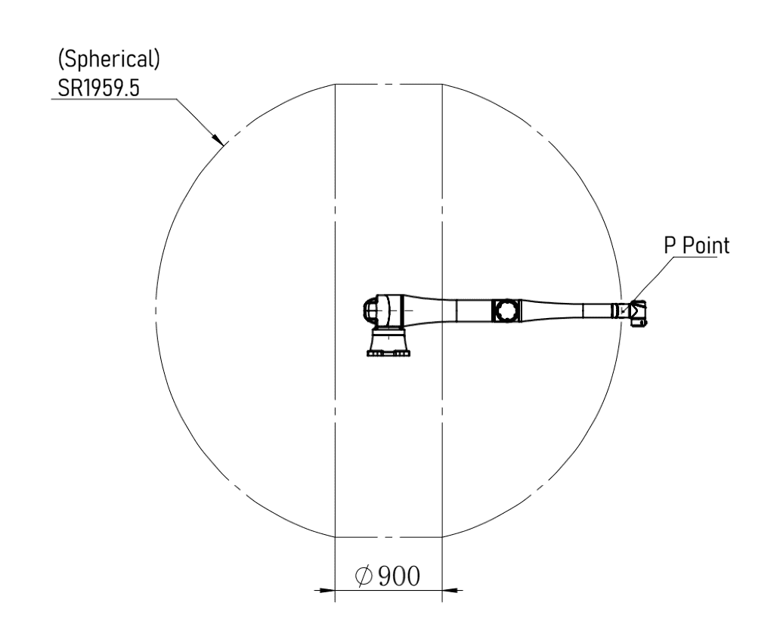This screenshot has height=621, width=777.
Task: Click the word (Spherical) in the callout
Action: pyautogui.click(x=109, y=59)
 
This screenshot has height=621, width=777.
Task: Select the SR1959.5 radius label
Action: pyautogui.click(x=98, y=88)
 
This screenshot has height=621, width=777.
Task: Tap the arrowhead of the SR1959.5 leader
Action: pyautogui.click(x=217, y=138)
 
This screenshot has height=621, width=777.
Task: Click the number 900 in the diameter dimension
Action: pyautogui.click(x=399, y=576)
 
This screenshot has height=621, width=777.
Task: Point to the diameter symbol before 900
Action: pyautogui.click(x=364, y=576)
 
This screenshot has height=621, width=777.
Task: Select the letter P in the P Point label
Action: pyautogui.click(x=670, y=246)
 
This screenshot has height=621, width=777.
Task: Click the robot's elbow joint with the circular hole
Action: pyautogui.click(x=506, y=311)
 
